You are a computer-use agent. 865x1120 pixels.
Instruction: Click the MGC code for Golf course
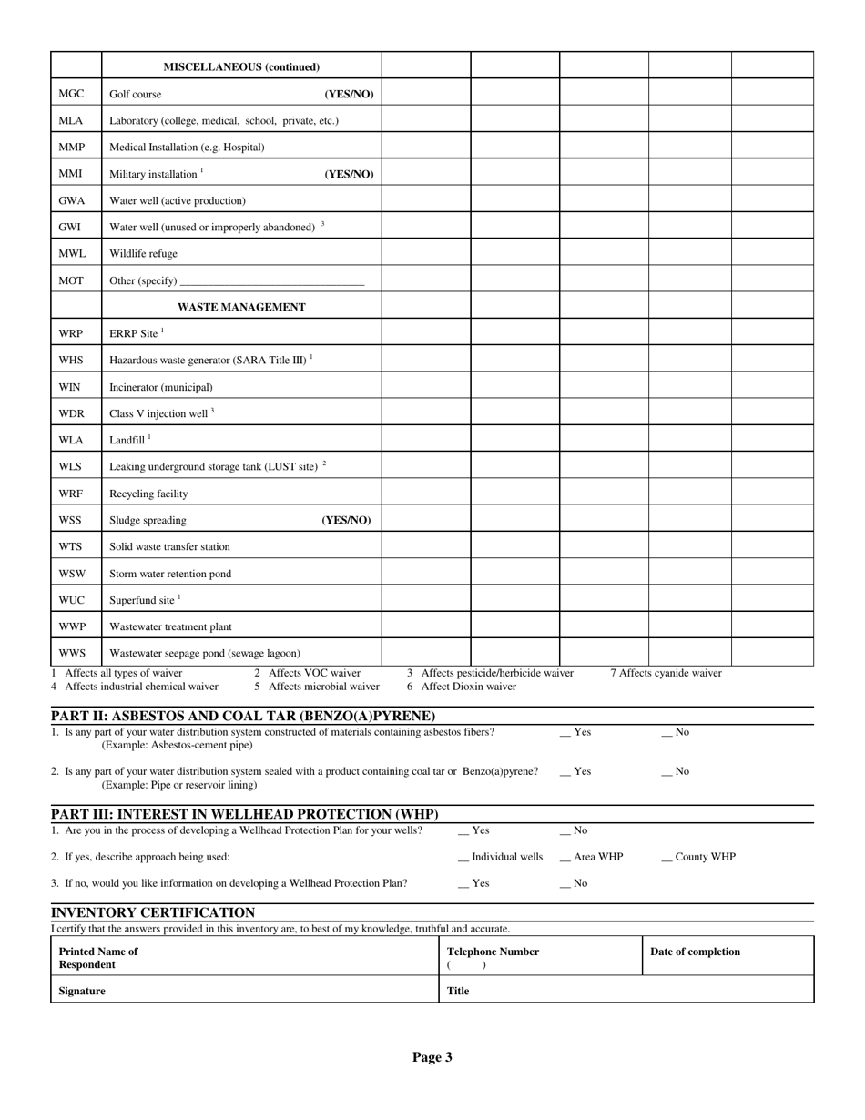(71, 94)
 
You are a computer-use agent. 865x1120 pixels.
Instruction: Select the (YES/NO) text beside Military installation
(349, 174)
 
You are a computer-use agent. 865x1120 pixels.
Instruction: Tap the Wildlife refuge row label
(143, 254)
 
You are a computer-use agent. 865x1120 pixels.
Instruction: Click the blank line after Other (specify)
(272, 282)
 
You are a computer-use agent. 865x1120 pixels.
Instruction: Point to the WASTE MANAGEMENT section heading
(241, 307)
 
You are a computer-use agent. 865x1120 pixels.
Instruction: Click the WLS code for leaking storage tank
(70, 466)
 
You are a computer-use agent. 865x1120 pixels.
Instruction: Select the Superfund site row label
(142, 600)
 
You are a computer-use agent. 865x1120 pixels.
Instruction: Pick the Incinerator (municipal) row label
(160, 387)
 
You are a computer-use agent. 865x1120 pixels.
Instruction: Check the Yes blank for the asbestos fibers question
(565, 732)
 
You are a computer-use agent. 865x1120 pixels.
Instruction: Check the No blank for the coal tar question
(667, 771)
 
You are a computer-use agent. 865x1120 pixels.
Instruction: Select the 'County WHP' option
(698, 857)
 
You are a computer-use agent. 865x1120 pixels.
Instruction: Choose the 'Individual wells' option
(500, 857)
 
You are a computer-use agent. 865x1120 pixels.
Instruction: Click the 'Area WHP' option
(591, 857)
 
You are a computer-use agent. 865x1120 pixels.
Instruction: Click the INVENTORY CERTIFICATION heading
(153, 912)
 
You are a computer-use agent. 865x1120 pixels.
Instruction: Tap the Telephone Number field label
(493, 952)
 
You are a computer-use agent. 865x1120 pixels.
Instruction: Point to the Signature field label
(82, 991)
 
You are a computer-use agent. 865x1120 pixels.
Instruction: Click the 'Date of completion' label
(695, 952)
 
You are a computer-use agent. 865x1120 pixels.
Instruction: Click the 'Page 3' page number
(432, 1057)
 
